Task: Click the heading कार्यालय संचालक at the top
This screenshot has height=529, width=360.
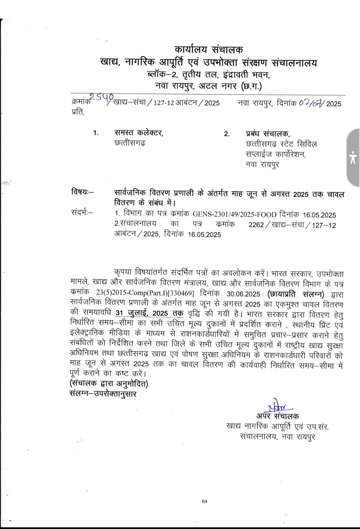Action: click(x=209, y=50)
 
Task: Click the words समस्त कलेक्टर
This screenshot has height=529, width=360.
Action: click(x=139, y=133)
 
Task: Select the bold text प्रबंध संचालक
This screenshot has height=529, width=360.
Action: click(x=268, y=134)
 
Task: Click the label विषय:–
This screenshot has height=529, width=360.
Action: click(x=82, y=192)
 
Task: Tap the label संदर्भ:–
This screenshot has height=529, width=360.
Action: click(x=82, y=212)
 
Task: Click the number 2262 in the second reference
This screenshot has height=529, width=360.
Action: click(x=256, y=225)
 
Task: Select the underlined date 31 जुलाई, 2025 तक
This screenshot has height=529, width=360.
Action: click(x=150, y=313)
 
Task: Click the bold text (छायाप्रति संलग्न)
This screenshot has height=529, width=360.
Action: click(x=295, y=294)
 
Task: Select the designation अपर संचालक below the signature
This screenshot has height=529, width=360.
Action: click(x=277, y=416)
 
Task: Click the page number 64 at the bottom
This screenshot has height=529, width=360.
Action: click(x=205, y=501)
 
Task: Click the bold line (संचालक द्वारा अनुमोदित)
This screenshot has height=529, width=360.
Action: click(x=109, y=384)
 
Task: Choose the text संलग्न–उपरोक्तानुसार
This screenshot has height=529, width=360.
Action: click(x=103, y=394)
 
